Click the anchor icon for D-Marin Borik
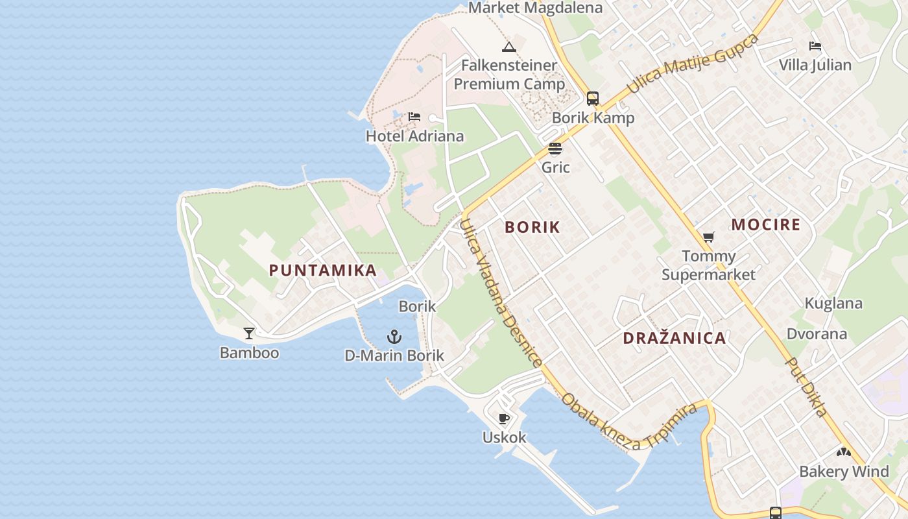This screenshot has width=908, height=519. (394, 337)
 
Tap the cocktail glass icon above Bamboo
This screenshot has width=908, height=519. (249, 333)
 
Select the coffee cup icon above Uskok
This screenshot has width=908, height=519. (504, 418)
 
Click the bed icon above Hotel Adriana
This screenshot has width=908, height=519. (414, 117)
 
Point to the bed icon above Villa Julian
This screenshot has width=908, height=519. (815, 46)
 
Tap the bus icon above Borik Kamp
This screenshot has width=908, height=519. (593, 98)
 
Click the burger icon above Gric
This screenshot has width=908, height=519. (555, 148)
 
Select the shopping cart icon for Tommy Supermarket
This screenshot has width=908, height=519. (708, 237)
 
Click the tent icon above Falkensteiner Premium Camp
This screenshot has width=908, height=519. (509, 47)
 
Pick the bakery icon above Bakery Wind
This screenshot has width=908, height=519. (843, 452)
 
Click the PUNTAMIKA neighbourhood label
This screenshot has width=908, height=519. (323, 271)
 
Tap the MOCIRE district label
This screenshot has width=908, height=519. (766, 225)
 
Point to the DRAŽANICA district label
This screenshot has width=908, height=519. (675, 338)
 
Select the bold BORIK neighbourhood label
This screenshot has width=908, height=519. (532, 227)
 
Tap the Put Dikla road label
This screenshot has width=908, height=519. (806, 387)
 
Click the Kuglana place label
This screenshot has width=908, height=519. (833, 304)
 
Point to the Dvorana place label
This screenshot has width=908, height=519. (817, 334)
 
